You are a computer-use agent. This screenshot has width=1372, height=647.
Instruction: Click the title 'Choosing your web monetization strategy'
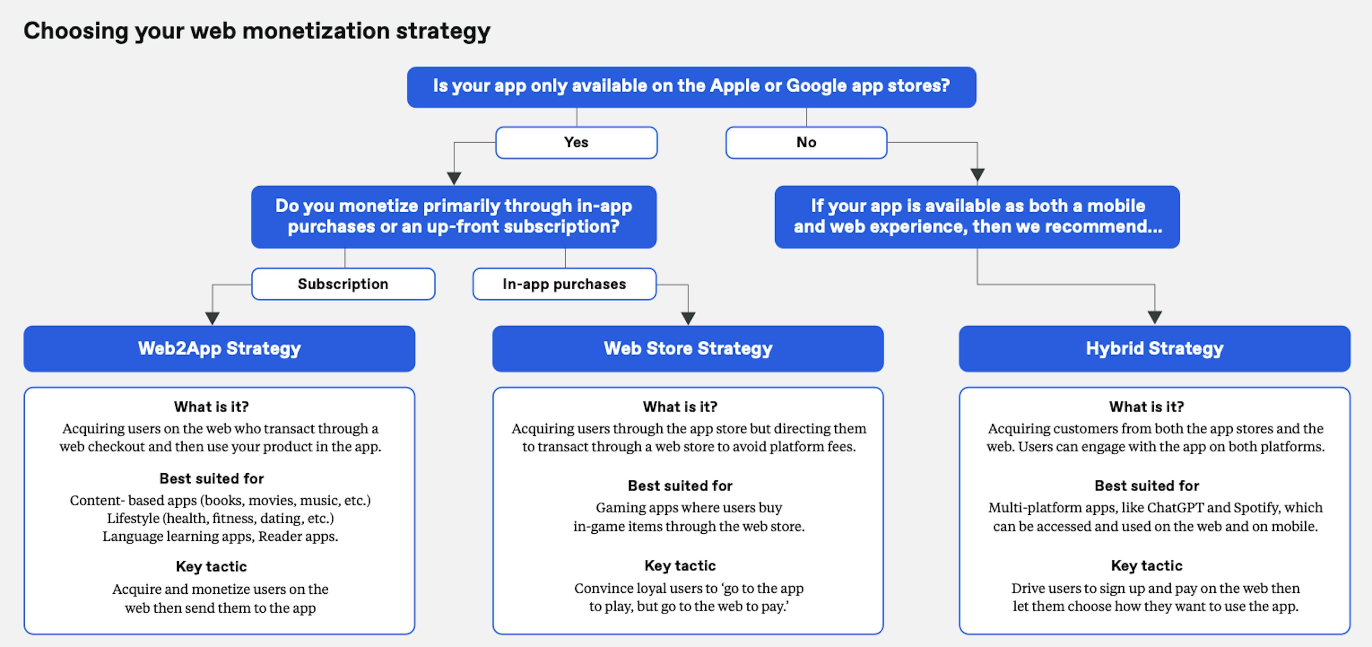257,31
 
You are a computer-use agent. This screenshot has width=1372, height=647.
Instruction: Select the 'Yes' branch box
576,142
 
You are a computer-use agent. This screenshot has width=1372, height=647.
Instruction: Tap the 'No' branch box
806,142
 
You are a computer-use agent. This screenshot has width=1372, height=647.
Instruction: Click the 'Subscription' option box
343,284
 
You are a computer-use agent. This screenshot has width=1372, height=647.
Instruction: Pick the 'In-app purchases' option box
565,284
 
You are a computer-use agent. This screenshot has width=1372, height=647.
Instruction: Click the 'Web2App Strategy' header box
219,349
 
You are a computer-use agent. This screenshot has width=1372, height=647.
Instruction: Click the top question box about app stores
691,87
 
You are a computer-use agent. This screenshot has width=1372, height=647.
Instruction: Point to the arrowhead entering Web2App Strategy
213,318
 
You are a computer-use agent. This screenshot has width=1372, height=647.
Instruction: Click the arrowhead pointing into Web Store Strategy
688,318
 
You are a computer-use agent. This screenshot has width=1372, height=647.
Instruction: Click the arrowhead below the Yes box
454,178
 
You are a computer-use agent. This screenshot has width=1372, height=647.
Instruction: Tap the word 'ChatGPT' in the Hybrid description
1176,507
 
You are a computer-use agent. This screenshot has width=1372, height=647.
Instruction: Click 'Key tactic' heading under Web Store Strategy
680,565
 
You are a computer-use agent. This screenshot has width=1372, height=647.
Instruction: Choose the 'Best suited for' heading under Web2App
212,479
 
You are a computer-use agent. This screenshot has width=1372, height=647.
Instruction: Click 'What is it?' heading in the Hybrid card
1147,407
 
